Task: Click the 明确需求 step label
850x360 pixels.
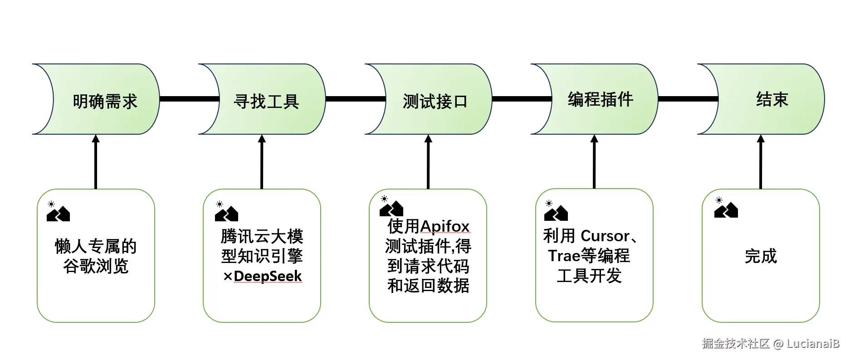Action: pyautogui.click(x=105, y=101)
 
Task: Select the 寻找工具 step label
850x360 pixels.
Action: pyautogui.click(x=266, y=101)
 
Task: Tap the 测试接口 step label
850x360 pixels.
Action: pyautogui.click(x=435, y=101)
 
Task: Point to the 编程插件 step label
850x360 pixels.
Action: pyautogui.click(x=600, y=99)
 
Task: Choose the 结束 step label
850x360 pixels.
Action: pyautogui.click(x=772, y=99)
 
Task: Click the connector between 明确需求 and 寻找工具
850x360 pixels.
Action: pyautogui.click(x=189, y=99)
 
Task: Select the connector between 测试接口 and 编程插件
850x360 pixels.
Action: pyautogui.click(x=522, y=99)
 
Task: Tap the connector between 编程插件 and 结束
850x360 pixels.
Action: pyautogui.click(x=688, y=99)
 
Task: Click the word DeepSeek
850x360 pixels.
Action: pyautogui.click(x=268, y=276)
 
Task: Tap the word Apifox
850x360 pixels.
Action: pyautogui.click(x=445, y=226)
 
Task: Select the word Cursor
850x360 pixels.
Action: pyautogui.click(x=605, y=236)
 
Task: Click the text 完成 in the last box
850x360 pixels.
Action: pyautogui.click(x=761, y=256)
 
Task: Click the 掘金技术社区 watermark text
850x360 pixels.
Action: pyautogui.click(x=735, y=344)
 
